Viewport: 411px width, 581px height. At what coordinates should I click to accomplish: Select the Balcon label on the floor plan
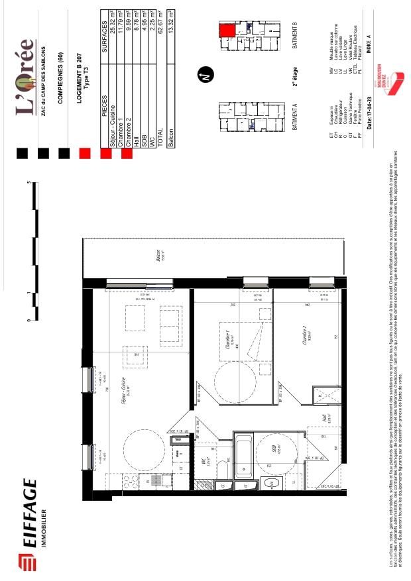click(158, 256)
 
